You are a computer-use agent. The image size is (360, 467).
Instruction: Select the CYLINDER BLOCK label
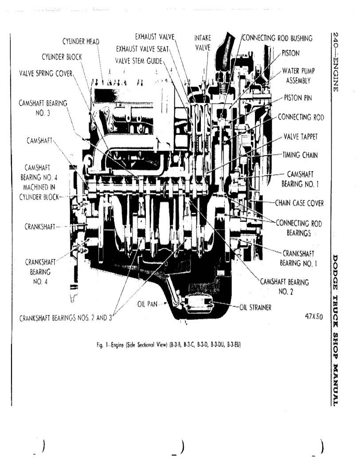(x=62, y=57)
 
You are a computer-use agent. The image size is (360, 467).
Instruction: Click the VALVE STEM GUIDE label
(x=139, y=60)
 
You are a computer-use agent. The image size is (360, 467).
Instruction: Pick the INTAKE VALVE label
(x=203, y=42)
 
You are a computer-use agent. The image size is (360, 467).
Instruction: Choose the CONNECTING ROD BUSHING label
(x=278, y=38)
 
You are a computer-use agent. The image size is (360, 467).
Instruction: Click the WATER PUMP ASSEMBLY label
(x=298, y=75)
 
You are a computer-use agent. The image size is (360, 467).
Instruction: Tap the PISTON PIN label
(x=298, y=98)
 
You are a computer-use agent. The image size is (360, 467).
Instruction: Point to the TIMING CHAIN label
(x=303, y=155)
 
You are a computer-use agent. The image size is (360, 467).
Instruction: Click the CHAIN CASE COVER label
(x=299, y=203)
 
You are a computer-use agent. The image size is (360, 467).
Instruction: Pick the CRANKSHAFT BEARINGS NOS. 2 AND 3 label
(x=67, y=318)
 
